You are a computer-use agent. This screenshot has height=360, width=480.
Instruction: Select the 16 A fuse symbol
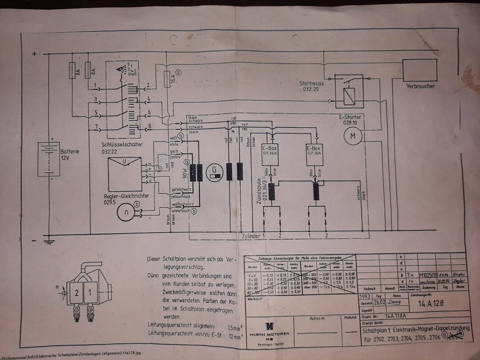tap(166, 80)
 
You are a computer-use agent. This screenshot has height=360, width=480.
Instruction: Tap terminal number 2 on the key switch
tap(148, 84)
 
